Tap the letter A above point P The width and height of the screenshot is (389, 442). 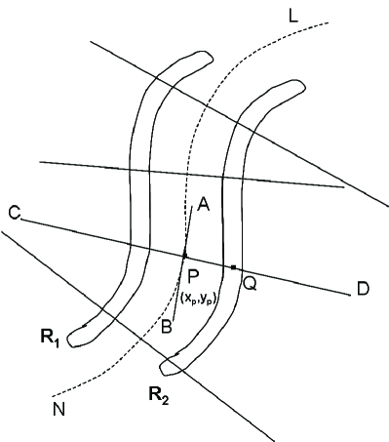203,204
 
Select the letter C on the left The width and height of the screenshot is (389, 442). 13,213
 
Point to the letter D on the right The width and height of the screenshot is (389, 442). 363,289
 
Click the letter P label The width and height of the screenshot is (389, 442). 194,276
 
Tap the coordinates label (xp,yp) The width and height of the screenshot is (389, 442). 198,297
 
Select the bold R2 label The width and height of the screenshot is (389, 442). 160,396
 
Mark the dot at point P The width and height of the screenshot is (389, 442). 184,256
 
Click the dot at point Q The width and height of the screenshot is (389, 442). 233,266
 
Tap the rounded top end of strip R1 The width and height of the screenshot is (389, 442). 199,58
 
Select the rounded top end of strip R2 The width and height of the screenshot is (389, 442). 287,89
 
